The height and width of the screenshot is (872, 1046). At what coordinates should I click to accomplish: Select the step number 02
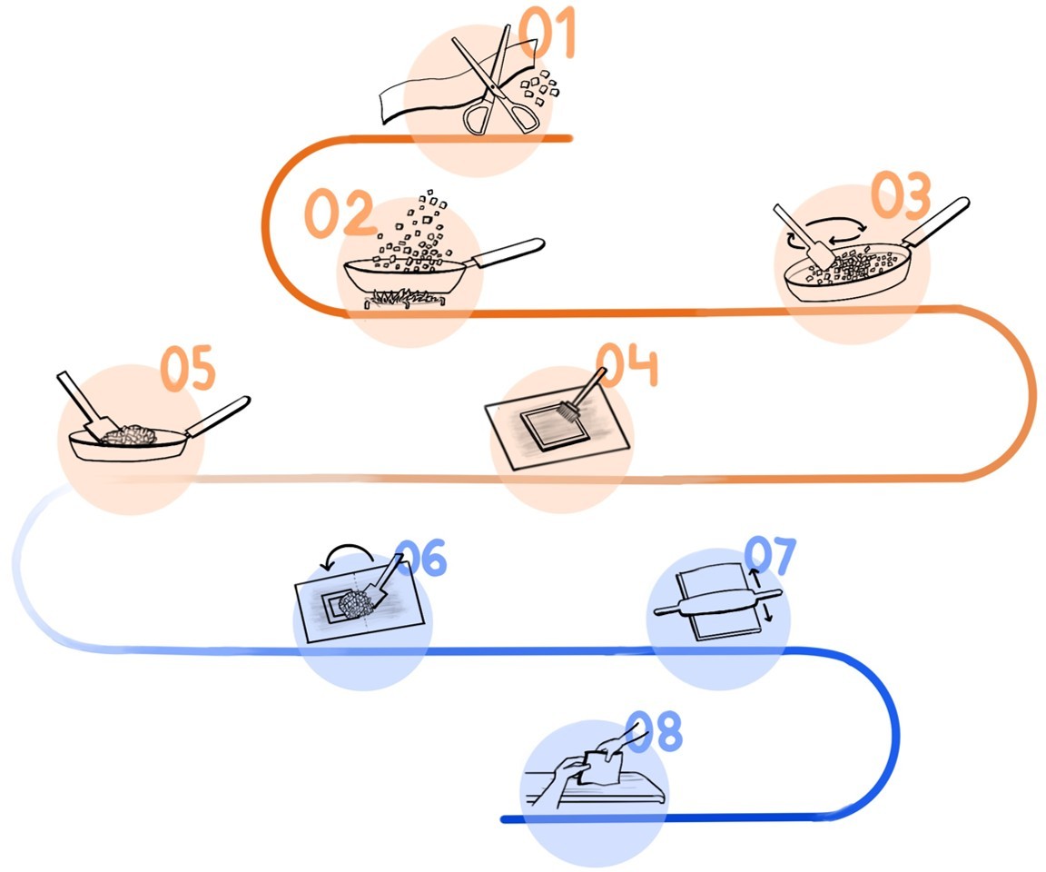338,214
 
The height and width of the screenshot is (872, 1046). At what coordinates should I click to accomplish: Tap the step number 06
421,560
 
